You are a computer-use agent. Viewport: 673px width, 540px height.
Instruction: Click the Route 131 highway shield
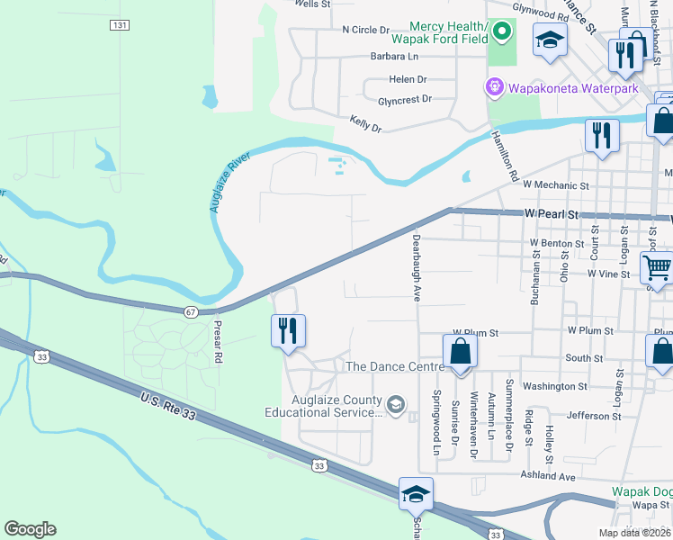pos(120,25)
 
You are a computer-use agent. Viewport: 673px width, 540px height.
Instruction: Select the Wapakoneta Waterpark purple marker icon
pos(493,88)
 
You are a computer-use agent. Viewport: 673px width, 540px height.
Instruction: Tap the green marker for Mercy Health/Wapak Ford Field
pos(501,34)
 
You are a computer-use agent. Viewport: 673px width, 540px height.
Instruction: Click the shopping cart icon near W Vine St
pos(657,266)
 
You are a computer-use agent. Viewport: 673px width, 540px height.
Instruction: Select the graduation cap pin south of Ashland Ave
pos(416,493)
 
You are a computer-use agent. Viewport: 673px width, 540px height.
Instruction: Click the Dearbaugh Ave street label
pos(417,267)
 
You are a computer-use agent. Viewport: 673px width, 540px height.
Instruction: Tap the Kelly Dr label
pos(365,123)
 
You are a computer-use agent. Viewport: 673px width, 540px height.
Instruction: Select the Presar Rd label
pos(217,338)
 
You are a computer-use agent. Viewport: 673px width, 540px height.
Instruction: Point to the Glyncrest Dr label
pos(405,99)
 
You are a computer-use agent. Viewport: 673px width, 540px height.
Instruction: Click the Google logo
pos(30,529)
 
